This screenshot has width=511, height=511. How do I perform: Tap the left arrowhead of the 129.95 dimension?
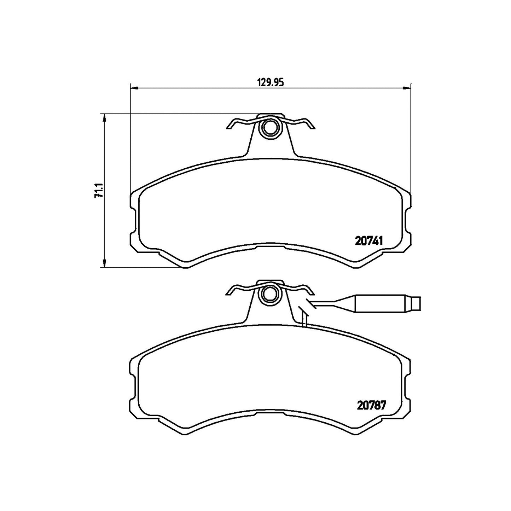click(135, 87)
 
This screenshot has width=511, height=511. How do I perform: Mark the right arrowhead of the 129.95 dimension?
click(406, 87)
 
